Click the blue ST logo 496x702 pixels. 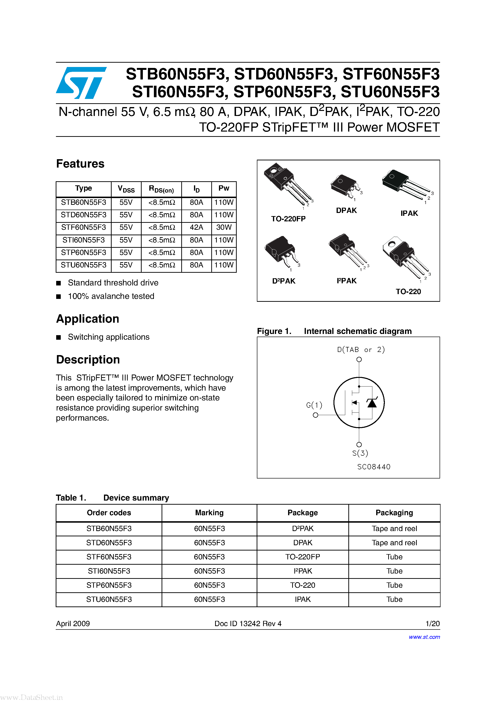[81, 83]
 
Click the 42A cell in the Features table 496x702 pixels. [196, 227]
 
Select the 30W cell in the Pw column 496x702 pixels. [224, 227]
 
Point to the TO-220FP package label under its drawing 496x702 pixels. [288, 219]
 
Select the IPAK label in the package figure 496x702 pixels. [409, 213]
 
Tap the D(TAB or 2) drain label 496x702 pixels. [361, 350]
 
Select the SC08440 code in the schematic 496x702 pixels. [374, 467]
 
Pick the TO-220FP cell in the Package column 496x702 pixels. [302, 557]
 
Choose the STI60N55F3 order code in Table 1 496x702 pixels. [109, 571]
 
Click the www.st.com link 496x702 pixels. [424, 637]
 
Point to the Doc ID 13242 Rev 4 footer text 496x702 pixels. [248, 624]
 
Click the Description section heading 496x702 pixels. [88, 360]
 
